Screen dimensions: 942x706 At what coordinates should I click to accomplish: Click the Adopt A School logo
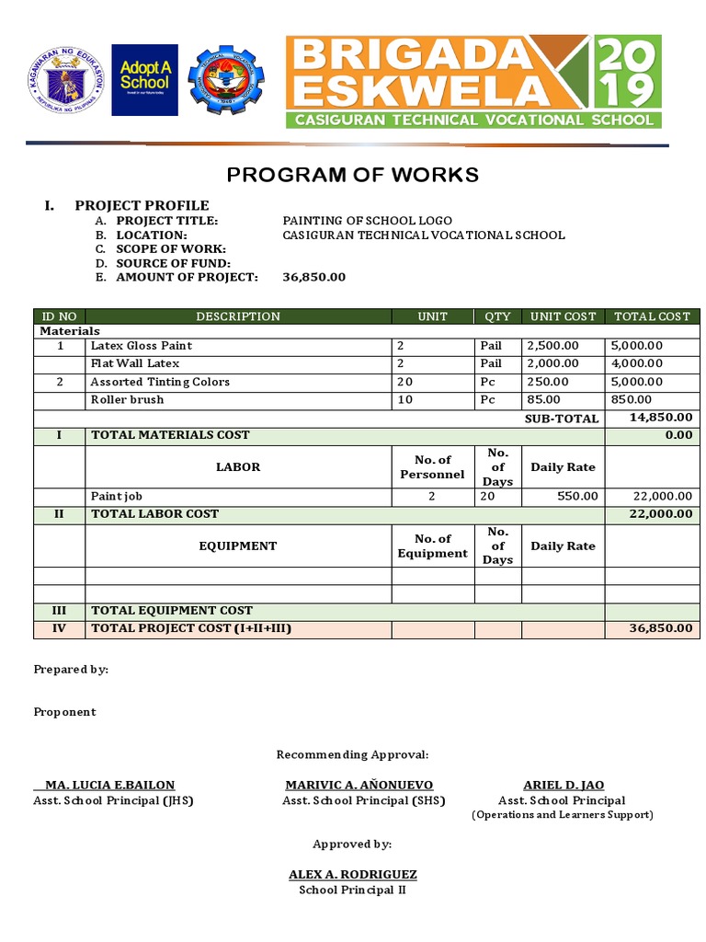pyautogui.click(x=144, y=80)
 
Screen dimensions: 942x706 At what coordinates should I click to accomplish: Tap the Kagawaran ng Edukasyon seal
pyautogui.click(x=63, y=80)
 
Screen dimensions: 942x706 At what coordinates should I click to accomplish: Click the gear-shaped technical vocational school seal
pyautogui.click(x=225, y=81)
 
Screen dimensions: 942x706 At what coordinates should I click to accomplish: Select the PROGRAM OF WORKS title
pyautogui.click(x=353, y=175)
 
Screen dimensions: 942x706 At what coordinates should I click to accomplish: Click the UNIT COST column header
pyautogui.click(x=564, y=316)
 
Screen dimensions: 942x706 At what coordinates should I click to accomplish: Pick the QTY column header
pyautogui.click(x=497, y=316)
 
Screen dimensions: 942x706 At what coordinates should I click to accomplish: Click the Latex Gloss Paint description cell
pyautogui.click(x=141, y=346)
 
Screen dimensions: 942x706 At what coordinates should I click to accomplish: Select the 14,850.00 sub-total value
pyautogui.click(x=660, y=418)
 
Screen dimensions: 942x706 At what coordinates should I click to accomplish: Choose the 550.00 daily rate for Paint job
pyautogui.click(x=578, y=496)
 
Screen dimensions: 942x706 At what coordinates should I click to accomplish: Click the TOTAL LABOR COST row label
pyautogui.click(x=154, y=513)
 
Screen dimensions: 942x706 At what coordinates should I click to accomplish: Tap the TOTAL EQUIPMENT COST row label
pyautogui.click(x=171, y=610)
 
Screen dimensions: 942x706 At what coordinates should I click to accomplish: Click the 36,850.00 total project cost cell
pyautogui.click(x=660, y=628)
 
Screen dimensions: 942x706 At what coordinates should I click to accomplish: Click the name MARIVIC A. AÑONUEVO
pyautogui.click(x=359, y=785)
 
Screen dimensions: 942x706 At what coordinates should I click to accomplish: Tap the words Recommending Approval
pyautogui.click(x=353, y=754)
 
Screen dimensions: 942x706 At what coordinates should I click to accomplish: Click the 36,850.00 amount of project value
pyautogui.click(x=314, y=277)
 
